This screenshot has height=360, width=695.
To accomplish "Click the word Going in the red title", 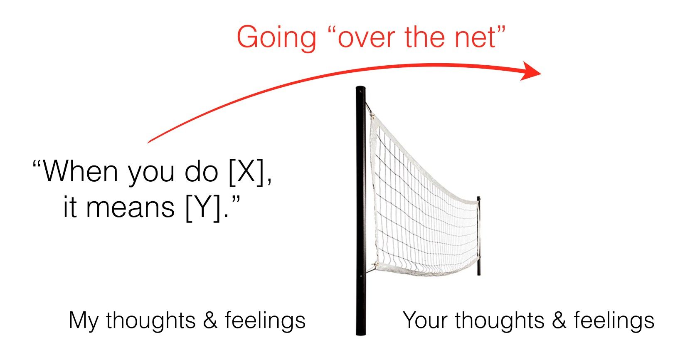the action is [276, 38].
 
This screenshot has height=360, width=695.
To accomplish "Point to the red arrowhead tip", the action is [540, 74].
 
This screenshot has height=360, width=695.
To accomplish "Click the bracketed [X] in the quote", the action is [246, 172].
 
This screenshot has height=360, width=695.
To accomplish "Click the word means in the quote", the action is [130, 208].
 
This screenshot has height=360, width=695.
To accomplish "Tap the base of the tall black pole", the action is [361, 334].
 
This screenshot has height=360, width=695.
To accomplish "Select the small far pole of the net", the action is [479, 236].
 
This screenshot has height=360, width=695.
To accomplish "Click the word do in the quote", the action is [201, 171].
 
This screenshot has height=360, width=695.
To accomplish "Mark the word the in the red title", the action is [425, 37].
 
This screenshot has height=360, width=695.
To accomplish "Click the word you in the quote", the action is [151, 175].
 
